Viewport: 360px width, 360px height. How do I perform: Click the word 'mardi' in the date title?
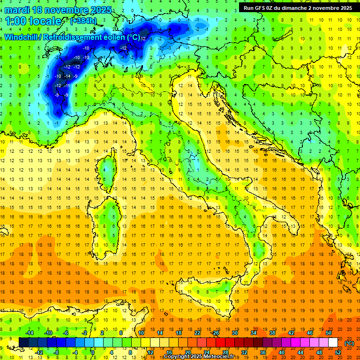(x=17, y=10)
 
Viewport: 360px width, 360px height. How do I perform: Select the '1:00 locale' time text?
(x=34, y=21)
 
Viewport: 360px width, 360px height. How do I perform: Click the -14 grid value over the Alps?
(x=67, y=76)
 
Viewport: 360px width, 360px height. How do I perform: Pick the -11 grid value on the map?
(x=67, y=86)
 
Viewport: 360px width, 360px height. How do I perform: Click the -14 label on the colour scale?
(x=30, y=333)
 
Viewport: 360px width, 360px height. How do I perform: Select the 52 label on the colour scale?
(x=338, y=352)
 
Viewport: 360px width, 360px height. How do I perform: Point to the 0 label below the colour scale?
(x=93, y=352)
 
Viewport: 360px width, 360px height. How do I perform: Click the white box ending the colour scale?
(x=333, y=343)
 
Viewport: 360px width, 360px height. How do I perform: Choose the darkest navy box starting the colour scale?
(x=23, y=343)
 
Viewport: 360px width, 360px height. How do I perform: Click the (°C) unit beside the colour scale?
(x=349, y=343)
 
